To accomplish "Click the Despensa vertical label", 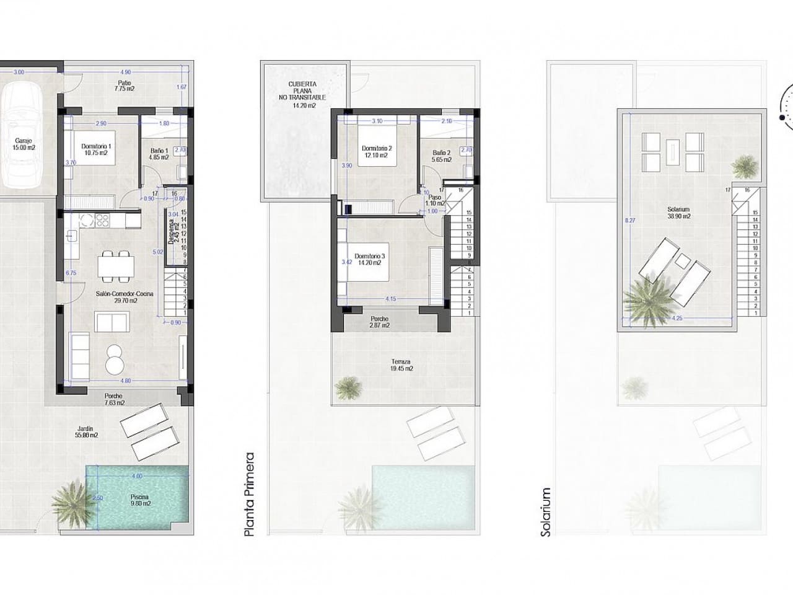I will (172, 231).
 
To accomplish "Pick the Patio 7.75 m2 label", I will (125, 86).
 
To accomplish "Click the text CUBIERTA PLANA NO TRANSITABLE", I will (303, 95).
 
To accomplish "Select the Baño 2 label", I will (442, 156).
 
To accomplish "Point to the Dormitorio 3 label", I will (370, 259).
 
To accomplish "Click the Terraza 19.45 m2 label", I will (401, 364).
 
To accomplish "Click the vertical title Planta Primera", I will (250, 495).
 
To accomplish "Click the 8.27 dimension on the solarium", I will (629, 219).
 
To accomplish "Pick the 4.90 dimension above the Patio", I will (125, 72).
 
